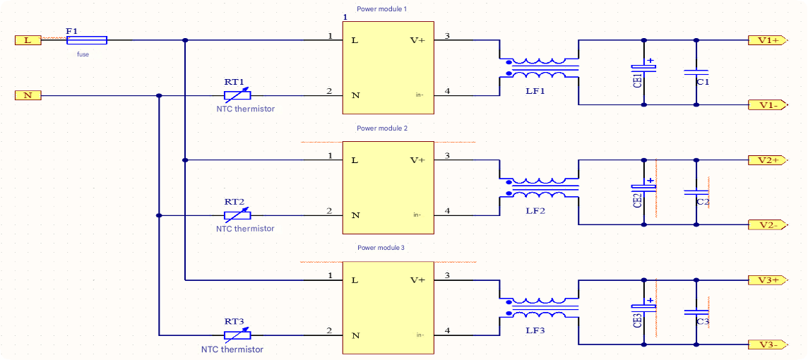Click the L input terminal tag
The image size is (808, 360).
[28, 40]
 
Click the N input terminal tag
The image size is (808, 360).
[28, 95]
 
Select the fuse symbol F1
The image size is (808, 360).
[86, 40]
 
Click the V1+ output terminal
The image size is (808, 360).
[767, 40]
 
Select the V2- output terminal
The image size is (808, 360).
[767, 225]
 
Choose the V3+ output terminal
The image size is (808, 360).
[767, 280]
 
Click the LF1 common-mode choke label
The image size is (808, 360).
[535, 92]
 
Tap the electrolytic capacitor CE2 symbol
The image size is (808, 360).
[643, 188]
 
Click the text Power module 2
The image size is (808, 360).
[382, 128]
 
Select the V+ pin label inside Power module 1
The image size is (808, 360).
[417, 40]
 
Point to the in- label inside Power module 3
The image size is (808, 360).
[420, 335]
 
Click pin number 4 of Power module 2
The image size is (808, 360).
[447, 211]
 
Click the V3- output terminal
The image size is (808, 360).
[767, 344]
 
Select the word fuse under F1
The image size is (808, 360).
[83, 54]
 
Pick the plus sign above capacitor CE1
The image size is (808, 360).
[650, 61]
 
